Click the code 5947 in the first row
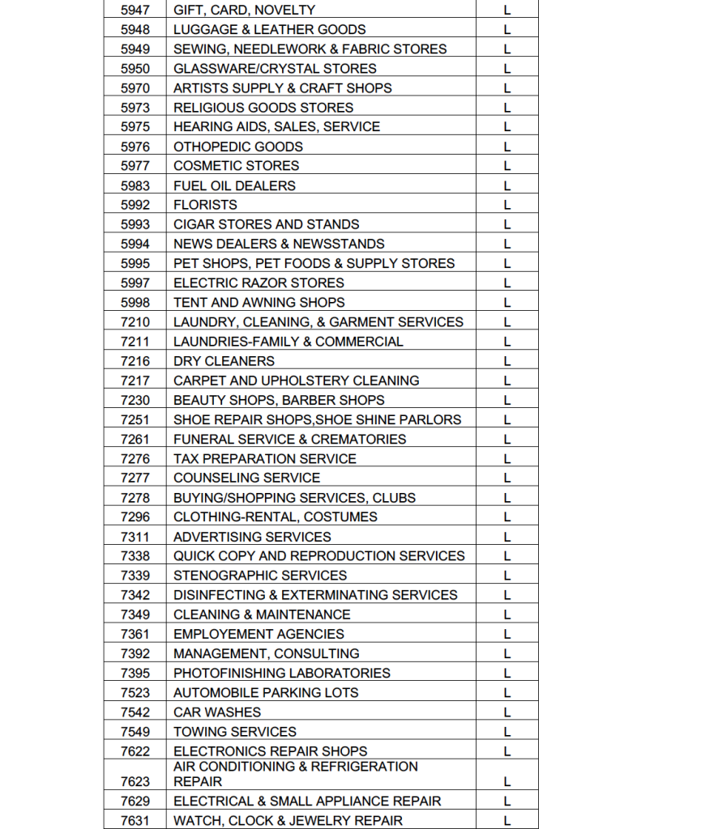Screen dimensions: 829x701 coord(135,11)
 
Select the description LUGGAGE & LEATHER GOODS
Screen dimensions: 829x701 coord(269,30)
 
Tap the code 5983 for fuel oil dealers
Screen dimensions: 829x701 coord(135,185)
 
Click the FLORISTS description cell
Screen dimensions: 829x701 coord(205,205)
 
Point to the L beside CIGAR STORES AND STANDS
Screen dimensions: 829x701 coord(507,225)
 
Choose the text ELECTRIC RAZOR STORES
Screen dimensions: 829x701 coord(259,283)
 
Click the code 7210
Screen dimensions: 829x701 coord(135,322)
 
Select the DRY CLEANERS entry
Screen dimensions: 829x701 coord(224,361)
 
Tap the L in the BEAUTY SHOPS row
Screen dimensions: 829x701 coord(507,401)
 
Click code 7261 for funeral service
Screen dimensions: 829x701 coord(135,440)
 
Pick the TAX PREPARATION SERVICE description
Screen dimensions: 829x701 coord(264,459)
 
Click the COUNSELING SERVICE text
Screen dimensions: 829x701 coord(246,478)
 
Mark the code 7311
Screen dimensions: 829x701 coord(135,537)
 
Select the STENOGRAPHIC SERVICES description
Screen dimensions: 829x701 coord(259,576)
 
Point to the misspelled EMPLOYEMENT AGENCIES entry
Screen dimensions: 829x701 coord(259,635)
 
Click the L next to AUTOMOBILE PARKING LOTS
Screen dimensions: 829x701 coord(507,693)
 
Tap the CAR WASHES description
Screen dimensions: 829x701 coord(217,712)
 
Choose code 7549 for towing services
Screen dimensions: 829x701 coord(135,732)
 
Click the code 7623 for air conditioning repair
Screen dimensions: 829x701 coord(135,782)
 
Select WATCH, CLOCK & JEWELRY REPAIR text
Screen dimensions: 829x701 coord(288,821)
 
